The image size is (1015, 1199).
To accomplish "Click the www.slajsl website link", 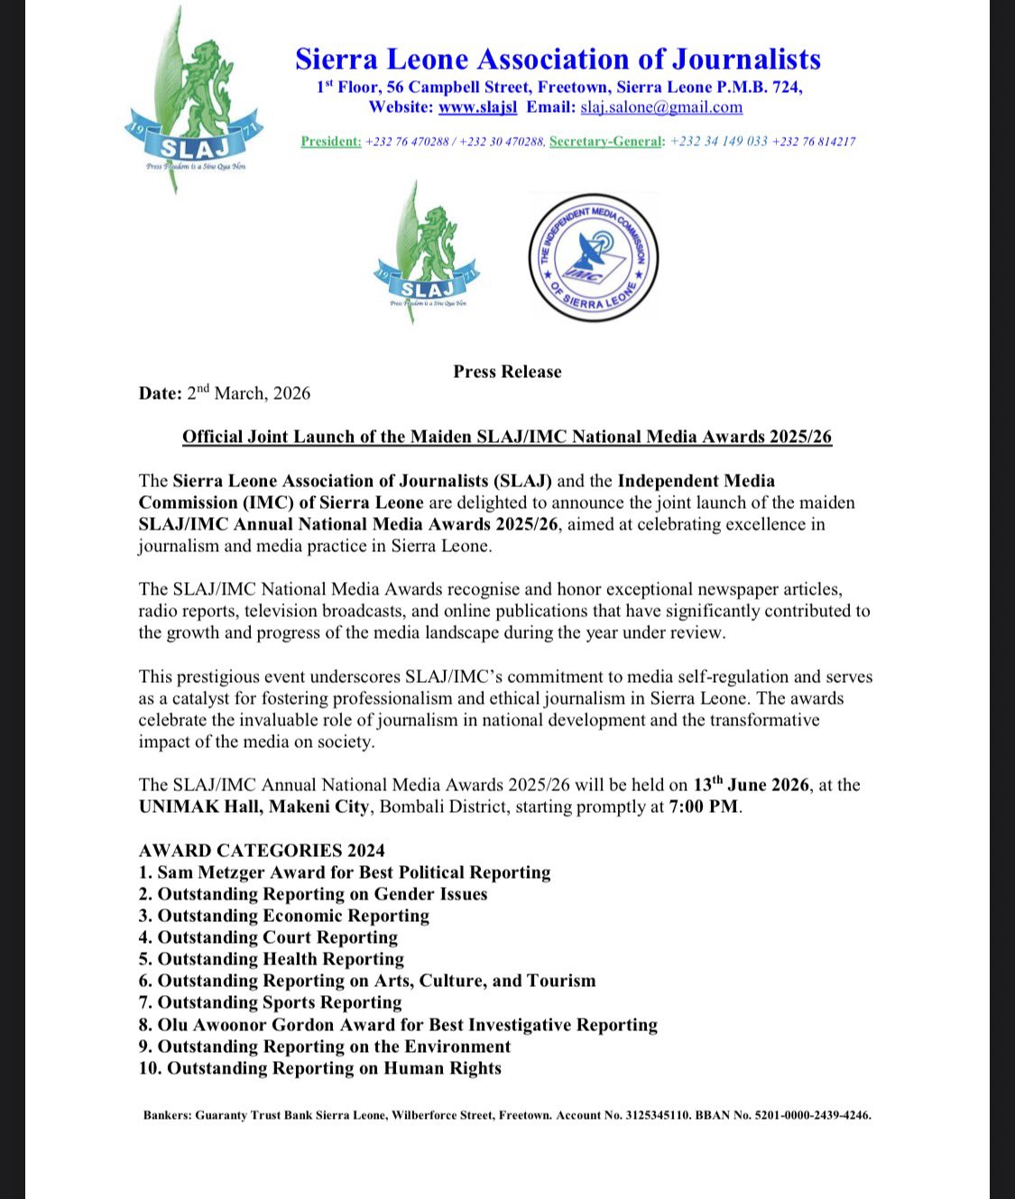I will (x=477, y=107).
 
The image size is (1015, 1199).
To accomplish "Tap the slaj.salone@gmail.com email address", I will (x=661, y=107).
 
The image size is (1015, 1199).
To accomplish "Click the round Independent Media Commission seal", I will (x=593, y=258).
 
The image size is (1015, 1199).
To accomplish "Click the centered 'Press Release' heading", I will (x=507, y=372).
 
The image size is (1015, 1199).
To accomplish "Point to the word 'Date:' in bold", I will (x=160, y=393).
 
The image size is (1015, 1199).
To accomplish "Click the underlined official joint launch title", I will (x=507, y=438).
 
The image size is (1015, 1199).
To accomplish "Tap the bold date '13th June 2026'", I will (x=751, y=784).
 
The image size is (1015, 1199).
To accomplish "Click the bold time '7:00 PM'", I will (x=704, y=807).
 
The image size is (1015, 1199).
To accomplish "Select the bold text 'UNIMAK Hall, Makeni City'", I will (x=254, y=807).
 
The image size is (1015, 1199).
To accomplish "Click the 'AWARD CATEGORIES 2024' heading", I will (x=262, y=851).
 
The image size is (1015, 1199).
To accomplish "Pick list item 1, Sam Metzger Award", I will (x=345, y=872).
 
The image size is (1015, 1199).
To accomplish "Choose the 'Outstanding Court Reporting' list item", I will (x=268, y=937).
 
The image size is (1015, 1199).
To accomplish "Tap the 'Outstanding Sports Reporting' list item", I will (x=270, y=1002).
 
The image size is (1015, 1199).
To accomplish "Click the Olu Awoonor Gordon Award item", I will (x=398, y=1025).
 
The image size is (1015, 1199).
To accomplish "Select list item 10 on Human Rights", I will (x=320, y=1068).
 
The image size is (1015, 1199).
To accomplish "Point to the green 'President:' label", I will (x=330, y=142).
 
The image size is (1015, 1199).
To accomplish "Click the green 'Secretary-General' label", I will (x=605, y=142).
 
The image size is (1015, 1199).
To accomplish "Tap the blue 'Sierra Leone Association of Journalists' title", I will (x=558, y=60).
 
